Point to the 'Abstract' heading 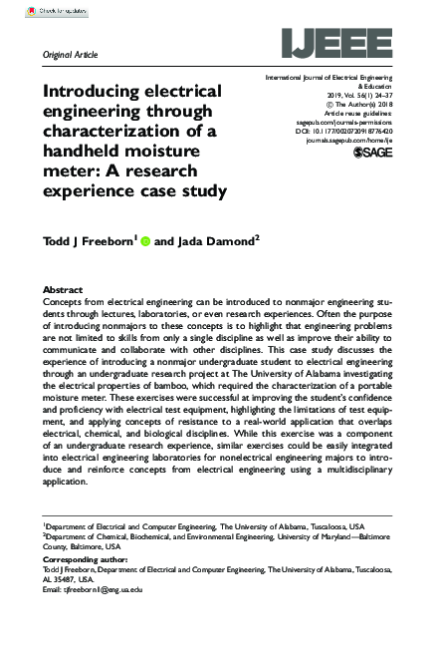pos(65,289)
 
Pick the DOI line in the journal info pos(344,131)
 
